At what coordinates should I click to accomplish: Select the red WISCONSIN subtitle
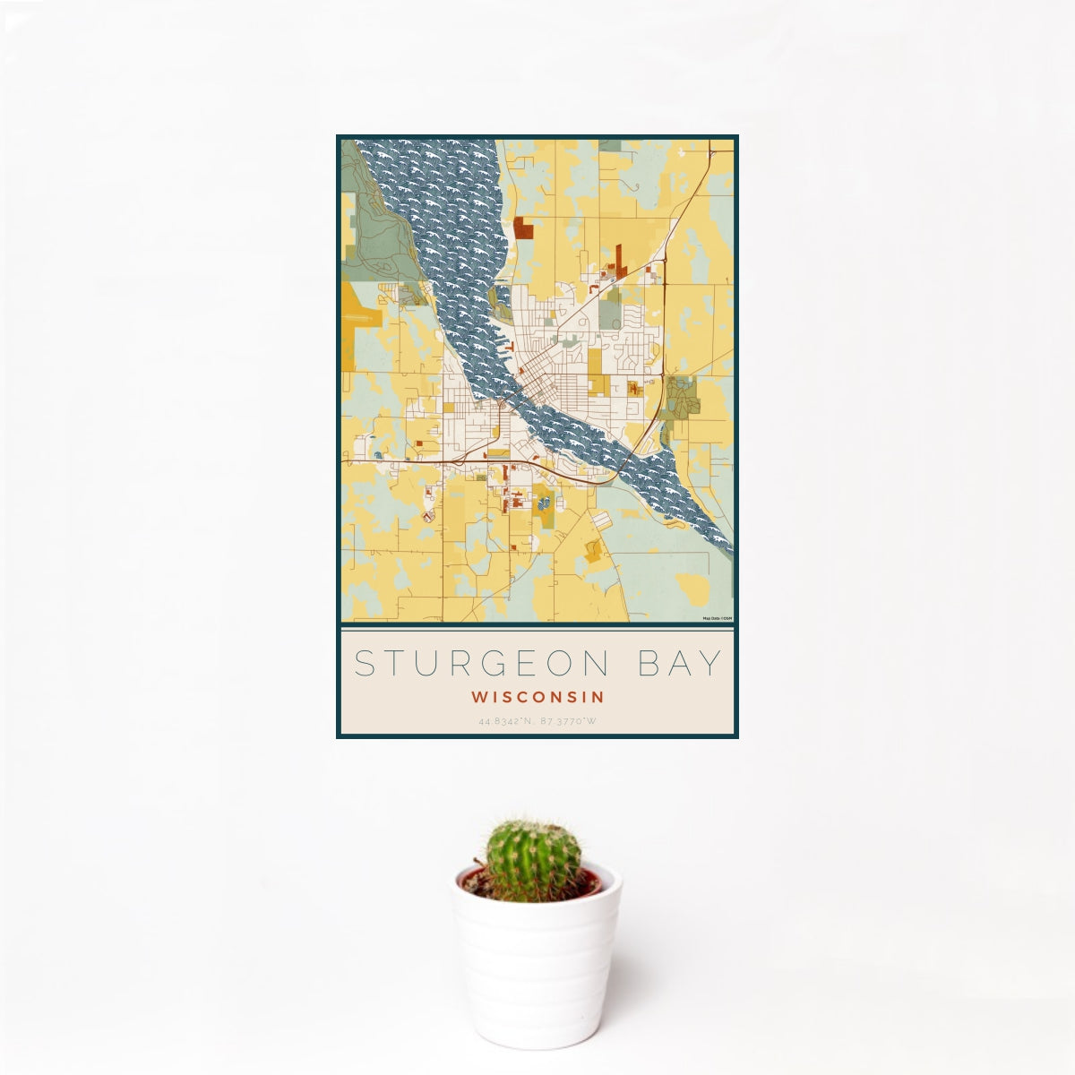(x=537, y=696)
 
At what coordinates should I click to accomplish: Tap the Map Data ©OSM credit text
(x=718, y=618)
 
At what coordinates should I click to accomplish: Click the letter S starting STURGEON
(x=364, y=664)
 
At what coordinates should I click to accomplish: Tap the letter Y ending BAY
(x=712, y=664)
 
